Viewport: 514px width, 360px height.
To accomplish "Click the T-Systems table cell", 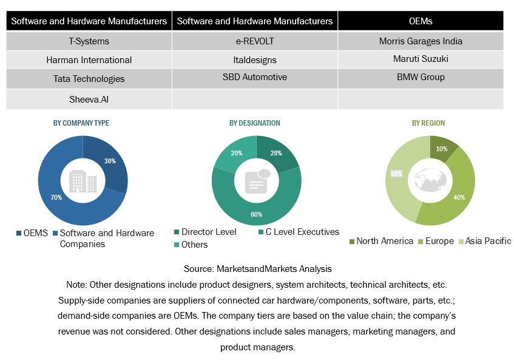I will point(89,41).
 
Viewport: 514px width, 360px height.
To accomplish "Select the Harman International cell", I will point(89,60).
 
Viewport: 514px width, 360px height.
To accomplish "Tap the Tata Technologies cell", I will point(89,78).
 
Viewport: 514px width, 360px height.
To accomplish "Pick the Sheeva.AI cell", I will point(89,98).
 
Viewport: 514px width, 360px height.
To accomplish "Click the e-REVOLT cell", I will point(255,41).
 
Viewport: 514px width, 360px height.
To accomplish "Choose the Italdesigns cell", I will point(255,59).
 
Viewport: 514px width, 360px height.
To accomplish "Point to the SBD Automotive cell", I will point(255,77).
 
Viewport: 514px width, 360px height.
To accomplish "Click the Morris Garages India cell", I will point(420,41).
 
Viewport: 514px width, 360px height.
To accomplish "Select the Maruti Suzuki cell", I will point(420,59).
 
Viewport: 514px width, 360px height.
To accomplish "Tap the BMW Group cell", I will point(420,77).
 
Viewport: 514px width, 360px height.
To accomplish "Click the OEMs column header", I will point(420,21).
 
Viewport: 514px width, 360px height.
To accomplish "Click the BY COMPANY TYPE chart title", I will point(81,123).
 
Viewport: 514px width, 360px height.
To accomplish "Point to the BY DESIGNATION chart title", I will point(255,123).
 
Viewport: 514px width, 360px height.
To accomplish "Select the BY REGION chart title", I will point(428,123).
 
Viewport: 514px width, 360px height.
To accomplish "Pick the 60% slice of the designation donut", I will point(257,212).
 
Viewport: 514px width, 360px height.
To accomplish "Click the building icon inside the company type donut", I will point(83,180).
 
